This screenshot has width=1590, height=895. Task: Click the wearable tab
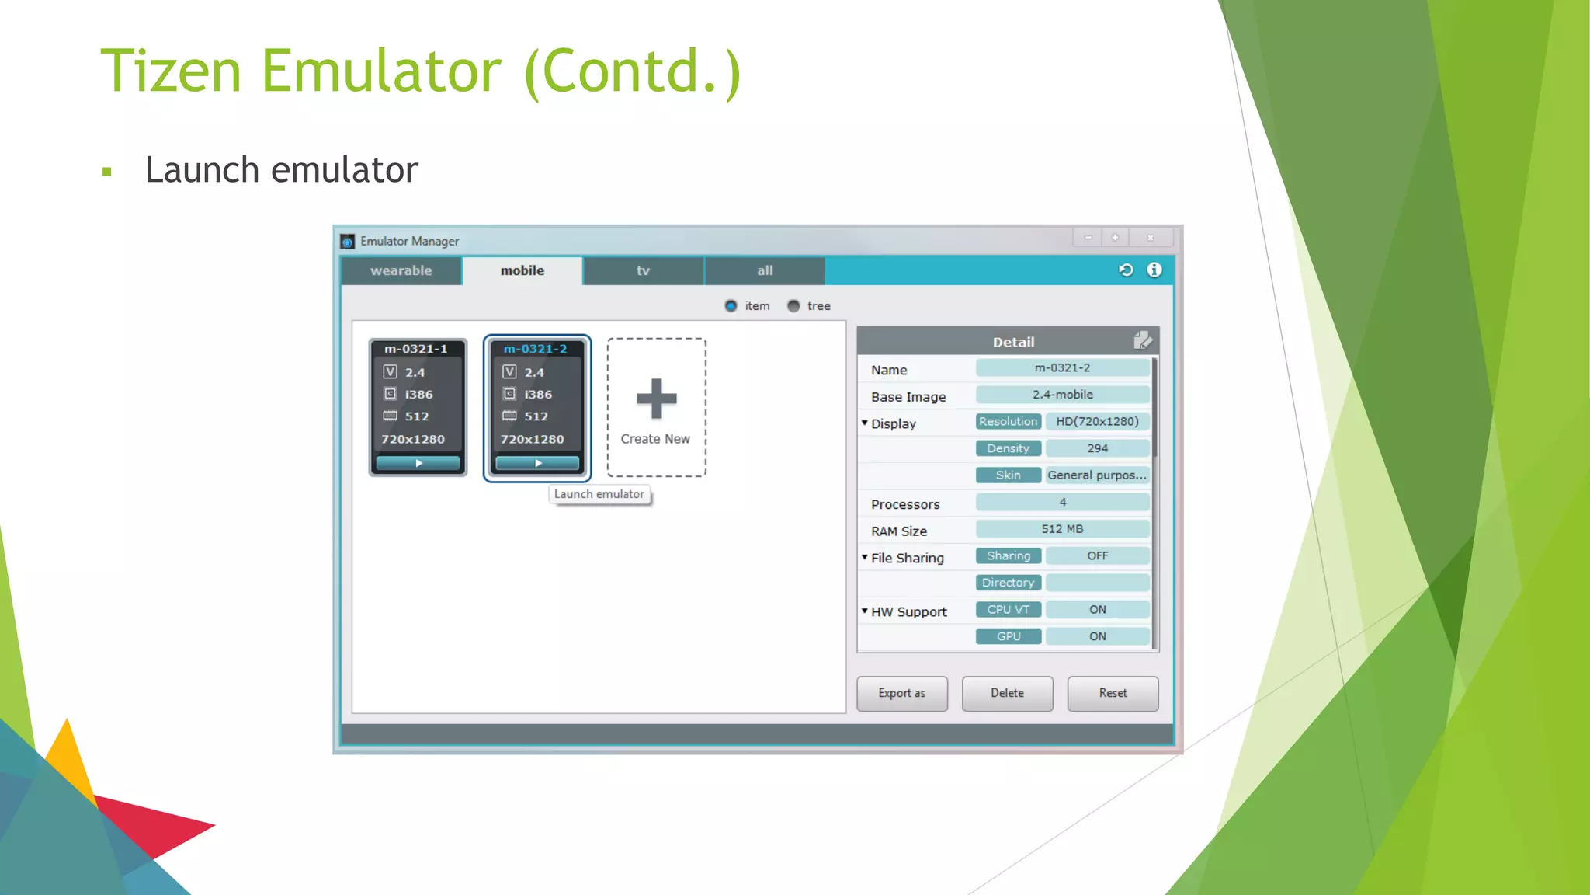[401, 270]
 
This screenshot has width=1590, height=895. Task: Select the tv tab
[643, 270]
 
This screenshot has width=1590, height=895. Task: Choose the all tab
[765, 270]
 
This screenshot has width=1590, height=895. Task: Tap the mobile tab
[522, 270]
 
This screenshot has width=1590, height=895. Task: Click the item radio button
[731, 306]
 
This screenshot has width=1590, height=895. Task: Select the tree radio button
[793, 306]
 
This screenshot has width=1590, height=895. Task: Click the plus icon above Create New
[656, 399]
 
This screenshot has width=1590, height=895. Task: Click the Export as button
[901, 693]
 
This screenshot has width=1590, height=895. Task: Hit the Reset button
[1113, 693]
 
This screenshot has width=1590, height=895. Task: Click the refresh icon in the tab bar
[1126, 270]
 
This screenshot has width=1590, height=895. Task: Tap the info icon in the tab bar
[1154, 270]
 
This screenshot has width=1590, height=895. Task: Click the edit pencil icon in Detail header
[1143, 340]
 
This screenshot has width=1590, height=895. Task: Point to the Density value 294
[1097, 448]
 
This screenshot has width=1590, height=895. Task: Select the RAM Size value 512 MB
[1062, 529]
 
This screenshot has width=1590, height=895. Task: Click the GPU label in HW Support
[1009, 636]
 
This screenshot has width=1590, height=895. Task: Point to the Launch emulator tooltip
[599, 494]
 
